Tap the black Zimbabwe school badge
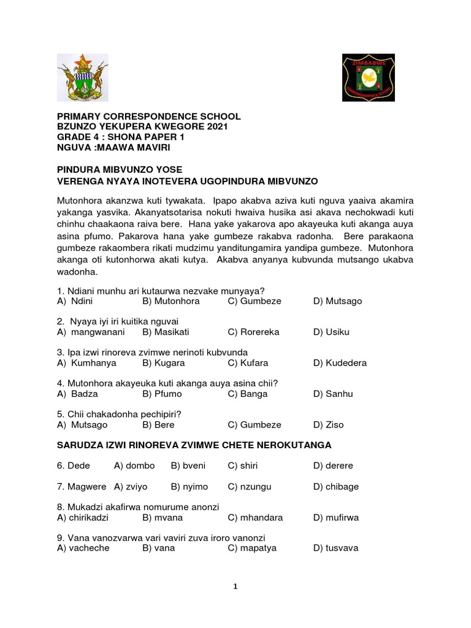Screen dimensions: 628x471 (x=368, y=77)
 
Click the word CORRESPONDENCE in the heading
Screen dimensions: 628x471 (x=144, y=117)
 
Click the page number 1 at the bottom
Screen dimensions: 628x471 (x=235, y=586)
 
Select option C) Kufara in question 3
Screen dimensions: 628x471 (x=248, y=362)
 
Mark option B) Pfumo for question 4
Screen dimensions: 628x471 (x=163, y=394)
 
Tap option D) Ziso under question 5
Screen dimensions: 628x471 (x=329, y=424)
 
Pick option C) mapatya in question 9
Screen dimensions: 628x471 (x=250, y=548)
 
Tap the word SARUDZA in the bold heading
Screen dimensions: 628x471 (x=80, y=444)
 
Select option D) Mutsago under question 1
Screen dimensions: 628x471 (x=337, y=301)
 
